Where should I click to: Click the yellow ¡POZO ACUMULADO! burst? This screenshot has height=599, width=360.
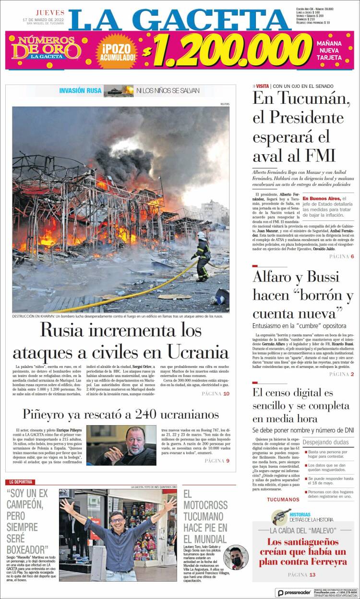pos(117,50)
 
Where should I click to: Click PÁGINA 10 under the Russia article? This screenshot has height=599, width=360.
pos(216,393)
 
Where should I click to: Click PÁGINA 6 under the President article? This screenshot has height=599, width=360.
pos(341,257)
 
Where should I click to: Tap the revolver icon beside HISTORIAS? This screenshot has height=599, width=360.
pos(281,517)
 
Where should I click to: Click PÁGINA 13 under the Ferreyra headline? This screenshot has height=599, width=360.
pos(301,575)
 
